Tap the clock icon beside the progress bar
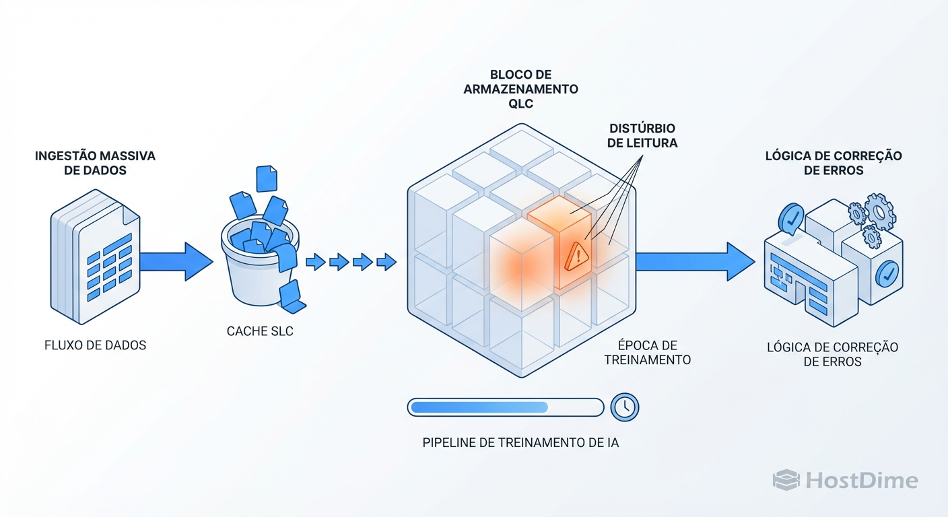point(625,407)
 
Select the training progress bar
point(505,407)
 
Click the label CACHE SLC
point(260,331)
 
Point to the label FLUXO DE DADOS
point(95,345)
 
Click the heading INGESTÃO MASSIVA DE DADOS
point(95,163)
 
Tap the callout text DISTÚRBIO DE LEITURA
point(642,135)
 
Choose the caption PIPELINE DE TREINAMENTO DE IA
point(520,442)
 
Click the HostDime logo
point(846,480)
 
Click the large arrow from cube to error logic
point(693,261)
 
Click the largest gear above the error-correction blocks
point(879,211)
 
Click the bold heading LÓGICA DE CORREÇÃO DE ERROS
point(834,163)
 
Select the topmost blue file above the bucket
point(267,178)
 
